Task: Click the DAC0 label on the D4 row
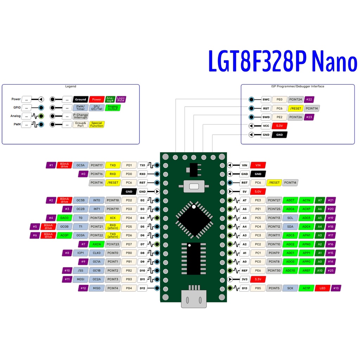pyautogui.click(x=64, y=218)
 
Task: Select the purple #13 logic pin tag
pyautogui.click(x=336, y=288)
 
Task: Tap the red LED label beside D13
pyautogui.click(x=322, y=288)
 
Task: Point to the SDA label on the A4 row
pyautogui.click(x=290, y=227)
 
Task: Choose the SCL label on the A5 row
pyautogui.click(x=290, y=218)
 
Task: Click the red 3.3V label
pyautogui.click(x=257, y=279)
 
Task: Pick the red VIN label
pyautogui.click(x=258, y=165)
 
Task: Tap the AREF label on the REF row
pyautogui.click(x=306, y=271)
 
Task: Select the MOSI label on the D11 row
pyautogui.click(x=81, y=279)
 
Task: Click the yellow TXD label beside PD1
pyautogui.click(x=113, y=165)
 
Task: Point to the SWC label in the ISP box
pyautogui.click(x=266, y=99)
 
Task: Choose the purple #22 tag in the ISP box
pyautogui.click(x=309, y=99)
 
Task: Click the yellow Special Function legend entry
pyautogui.click(x=97, y=124)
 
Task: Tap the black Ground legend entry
pyautogui.click(x=81, y=99)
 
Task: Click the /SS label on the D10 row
pyautogui.click(x=81, y=271)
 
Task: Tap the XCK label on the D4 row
pyautogui.click(x=113, y=218)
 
